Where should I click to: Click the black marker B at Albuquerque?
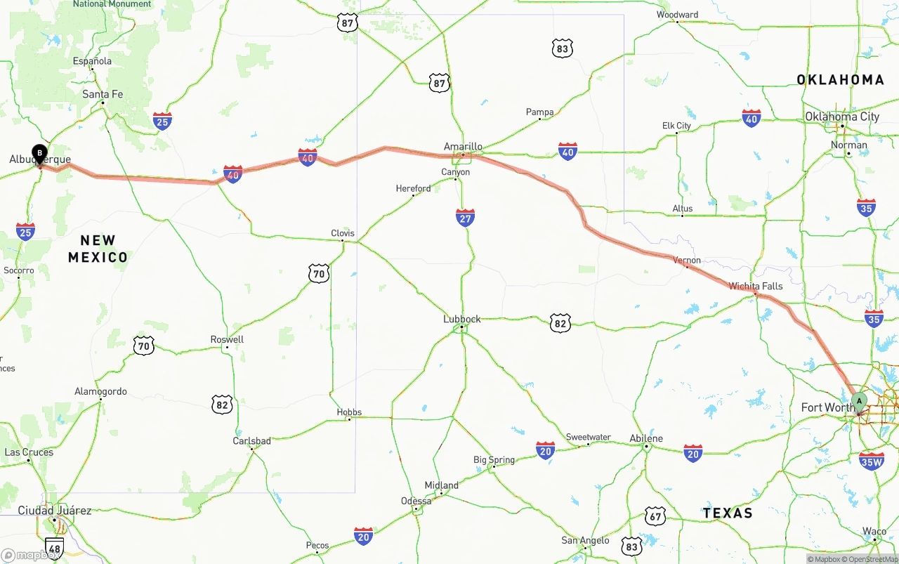40,152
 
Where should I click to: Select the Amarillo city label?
463,147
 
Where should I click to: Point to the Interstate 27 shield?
465,218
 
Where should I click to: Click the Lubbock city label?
462,319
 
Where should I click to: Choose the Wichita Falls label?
755,286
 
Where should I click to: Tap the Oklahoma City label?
842,117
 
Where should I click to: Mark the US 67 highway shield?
655,516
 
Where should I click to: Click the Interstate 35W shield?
871,461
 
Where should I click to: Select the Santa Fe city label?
103,94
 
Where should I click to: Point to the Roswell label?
227,339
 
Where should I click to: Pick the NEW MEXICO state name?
98,249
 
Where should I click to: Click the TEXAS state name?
728,513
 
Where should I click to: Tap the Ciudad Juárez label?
55,511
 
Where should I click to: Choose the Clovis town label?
343,233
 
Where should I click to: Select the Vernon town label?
687,260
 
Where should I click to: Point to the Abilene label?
646,438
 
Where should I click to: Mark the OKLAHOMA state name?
840,80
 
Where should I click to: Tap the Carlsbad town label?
251,441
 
